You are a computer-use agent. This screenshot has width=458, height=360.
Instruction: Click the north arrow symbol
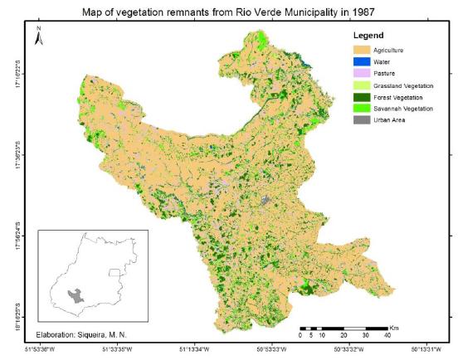coord(39,35)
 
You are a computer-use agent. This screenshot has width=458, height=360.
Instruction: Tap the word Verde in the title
coord(241,12)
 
